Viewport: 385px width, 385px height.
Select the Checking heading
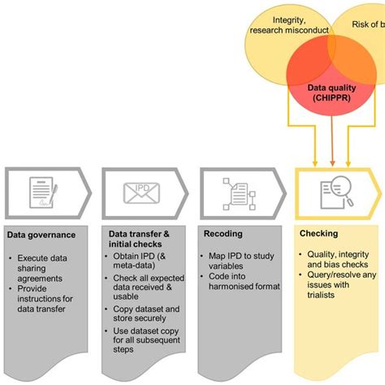click(319, 235)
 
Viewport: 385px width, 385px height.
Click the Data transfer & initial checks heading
click(139, 239)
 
